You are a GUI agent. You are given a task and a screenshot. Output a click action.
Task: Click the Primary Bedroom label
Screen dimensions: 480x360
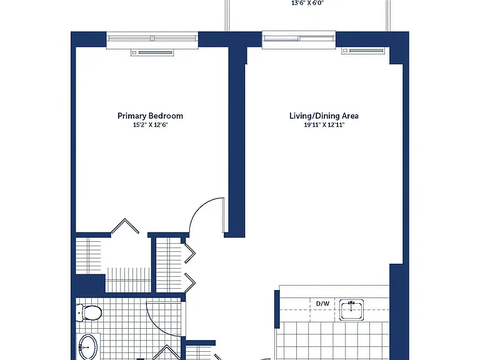pyautogui.click(x=150, y=116)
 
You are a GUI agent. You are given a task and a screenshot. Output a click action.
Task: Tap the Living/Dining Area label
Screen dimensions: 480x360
pyautogui.click(x=324, y=116)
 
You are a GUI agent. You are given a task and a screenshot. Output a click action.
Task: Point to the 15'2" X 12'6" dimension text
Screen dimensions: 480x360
pyautogui.click(x=150, y=125)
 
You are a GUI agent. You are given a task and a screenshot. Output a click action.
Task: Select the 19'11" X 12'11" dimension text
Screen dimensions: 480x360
pyautogui.click(x=324, y=125)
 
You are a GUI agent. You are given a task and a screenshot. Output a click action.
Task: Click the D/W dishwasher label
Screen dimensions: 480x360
pyautogui.click(x=322, y=304)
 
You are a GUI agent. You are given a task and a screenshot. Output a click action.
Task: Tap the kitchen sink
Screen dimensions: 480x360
pyautogui.click(x=351, y=310)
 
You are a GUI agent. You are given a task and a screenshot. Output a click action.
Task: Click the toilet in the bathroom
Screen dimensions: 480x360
pyautogui.click(x=89, y=313)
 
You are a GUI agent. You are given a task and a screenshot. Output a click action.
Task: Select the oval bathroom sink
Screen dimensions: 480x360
pyautogui.click(x=88, y=347)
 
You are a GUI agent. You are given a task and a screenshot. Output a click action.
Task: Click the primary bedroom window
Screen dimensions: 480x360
pyautogui.click(x=152, y=39)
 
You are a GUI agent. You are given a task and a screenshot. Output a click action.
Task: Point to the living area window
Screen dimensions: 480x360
pyautogui.click(x=299, y=39)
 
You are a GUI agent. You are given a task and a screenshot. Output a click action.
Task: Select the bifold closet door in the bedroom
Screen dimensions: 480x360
pyautogui.click(x=125, y=226)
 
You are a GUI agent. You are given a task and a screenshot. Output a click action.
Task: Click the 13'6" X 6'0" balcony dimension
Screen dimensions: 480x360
pyautogui.click(x=307, y=3)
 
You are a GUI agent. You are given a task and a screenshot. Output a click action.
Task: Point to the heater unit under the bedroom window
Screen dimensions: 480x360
pyautogui.click(x=152, y=52)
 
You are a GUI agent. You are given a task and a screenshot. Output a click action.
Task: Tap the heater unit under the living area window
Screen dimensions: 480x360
pyautogui.click(x=362, y=51)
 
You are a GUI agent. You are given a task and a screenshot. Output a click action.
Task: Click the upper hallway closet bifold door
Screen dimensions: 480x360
pyautogui.click(x=190, y=253)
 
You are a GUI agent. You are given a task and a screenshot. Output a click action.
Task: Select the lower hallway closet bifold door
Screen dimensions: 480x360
pyautogui.click(x=190, y=283)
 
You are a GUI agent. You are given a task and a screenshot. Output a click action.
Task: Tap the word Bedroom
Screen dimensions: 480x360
pyautogui.click(x=166, y=116)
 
